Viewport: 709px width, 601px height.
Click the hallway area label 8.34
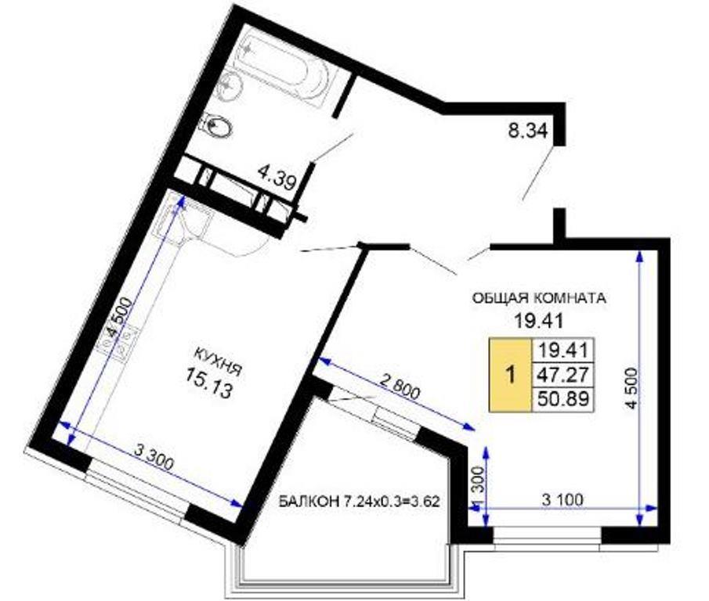coord(528,131)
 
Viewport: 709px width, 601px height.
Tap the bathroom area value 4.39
coord(277,177)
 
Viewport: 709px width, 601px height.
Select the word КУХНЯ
coord(218,362)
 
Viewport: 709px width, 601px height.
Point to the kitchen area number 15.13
coord(209,383)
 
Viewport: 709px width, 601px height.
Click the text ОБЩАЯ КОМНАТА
coord(538,298)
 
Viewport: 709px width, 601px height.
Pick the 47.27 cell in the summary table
coord(562,374)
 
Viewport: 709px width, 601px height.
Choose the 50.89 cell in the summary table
coord(562,398)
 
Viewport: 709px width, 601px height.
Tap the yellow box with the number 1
coord(511,375)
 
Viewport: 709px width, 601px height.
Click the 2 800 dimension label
coord(400,386)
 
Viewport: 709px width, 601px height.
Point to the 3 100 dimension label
coord(562,500)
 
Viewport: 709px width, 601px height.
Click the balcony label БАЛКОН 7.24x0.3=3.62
coord(359,502)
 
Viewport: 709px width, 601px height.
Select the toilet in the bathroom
coord(218,124)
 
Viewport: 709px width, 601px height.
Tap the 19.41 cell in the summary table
coord(562,350)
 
